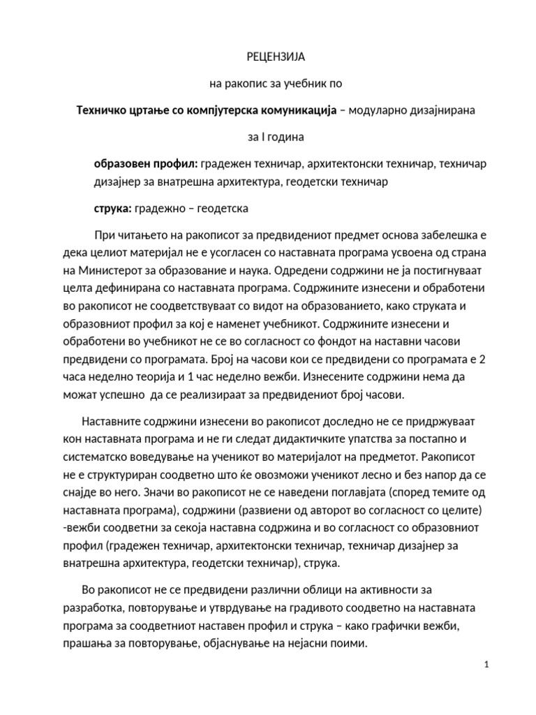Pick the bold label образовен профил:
[x=146, y=163]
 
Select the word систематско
[x=113, y=457]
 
